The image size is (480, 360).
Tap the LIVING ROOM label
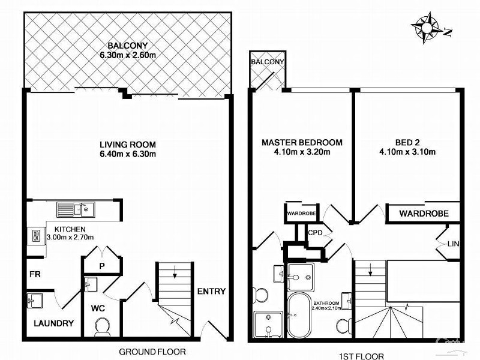coord(128,144)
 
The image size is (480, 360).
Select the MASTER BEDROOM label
coord(302,142)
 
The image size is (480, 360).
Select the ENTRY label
coord(211,292)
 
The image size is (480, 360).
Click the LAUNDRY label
coord(53,323)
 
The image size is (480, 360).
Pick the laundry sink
coord(35,300)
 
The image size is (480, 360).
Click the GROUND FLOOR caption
coord(152,352)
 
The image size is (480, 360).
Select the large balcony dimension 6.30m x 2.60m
coord(128,55)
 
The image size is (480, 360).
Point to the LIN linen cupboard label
coord(454,244)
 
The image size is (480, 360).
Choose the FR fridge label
coord(35,275)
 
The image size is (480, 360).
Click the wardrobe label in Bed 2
coord(421,213)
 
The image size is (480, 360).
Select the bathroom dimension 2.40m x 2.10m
coord(327,307)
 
